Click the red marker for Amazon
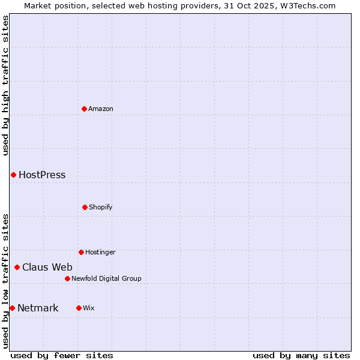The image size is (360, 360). (84, 109)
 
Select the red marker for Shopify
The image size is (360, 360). (85, 207)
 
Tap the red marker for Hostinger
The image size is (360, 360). (81, 252)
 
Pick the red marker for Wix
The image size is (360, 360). (79, 308)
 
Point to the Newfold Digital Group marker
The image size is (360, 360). (67, 278)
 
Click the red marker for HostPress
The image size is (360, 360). (13, 175)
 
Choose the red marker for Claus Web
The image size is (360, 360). (17, 267)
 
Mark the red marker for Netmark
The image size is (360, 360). (12, 308)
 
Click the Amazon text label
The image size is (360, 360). (101, 109)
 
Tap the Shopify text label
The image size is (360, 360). (101, 207)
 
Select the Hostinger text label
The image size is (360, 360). (100, 252)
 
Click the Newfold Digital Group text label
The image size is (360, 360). (106, 278)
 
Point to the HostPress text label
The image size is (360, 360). (42, 175)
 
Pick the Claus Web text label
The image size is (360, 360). (47, 268)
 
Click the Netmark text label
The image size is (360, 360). (38, 308)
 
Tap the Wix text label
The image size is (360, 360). (88, 308)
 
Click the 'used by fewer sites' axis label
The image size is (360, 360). (62, 355)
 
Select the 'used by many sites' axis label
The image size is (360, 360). (301, 355)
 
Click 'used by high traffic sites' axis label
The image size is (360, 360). (5, 85)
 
